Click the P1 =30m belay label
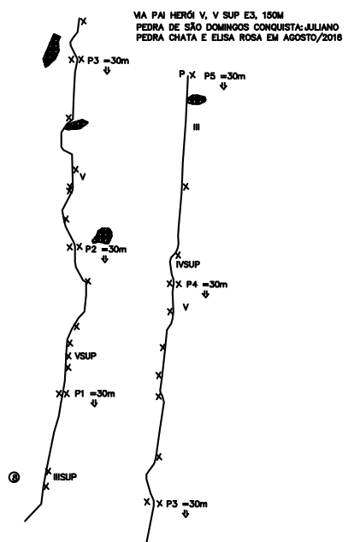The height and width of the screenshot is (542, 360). (x=95, y=393)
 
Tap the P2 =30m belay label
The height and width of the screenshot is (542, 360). (x=106, y=250)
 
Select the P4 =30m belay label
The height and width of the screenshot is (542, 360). (x=207, y=285)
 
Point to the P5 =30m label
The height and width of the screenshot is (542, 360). (x=224, y=76)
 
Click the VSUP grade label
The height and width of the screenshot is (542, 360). (x=86, y=356)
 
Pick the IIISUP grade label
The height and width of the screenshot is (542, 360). (x=65, y=477)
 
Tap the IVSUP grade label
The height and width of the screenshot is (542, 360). (x=188, y=264)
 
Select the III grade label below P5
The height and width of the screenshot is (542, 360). (x=197, y=127)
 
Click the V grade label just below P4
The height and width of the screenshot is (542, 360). (x=186, y=307)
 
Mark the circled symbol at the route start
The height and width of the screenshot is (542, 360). (x=14, y=477)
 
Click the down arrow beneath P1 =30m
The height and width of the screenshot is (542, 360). (x=94, y=403)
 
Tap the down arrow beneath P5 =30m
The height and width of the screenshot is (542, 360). (x=223, y=86)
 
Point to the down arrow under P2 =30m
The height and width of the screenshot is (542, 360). (x=105, y=259)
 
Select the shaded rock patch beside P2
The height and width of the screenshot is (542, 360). (x=103, y=235)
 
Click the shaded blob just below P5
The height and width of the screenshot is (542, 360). (x=197, y=99)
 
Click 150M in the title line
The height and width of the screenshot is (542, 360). (x=273, y=15)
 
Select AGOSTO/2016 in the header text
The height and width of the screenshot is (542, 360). (x=313, y=38)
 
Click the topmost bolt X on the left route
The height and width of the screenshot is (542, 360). (x=83, y=21)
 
